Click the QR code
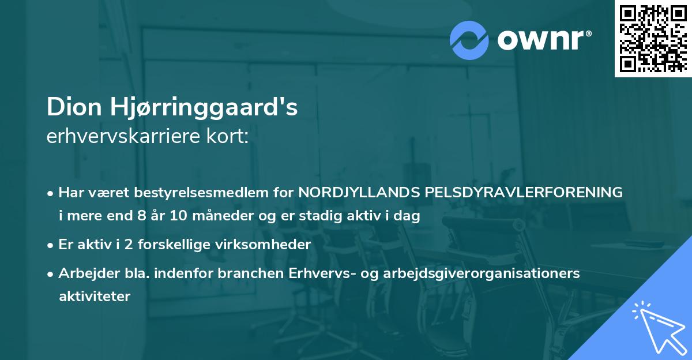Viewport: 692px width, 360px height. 653,39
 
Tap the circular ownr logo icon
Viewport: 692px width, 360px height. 470,40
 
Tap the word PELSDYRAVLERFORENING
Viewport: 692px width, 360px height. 524,193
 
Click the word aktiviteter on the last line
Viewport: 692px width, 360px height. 95,296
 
